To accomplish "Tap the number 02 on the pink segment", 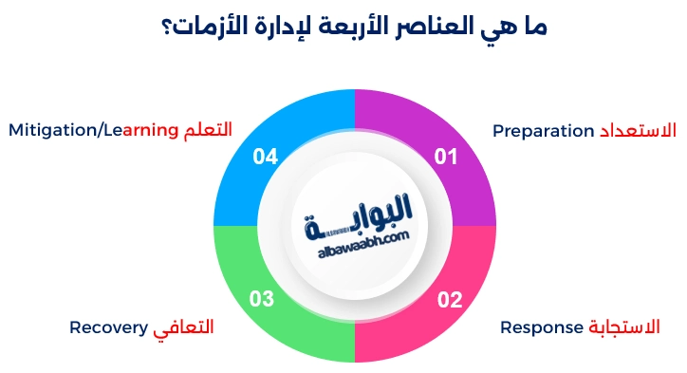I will coord(449,301).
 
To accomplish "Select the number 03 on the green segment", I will coord(262,301).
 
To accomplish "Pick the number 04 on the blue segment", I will coord(265,157).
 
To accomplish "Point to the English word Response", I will coord(541,327).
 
